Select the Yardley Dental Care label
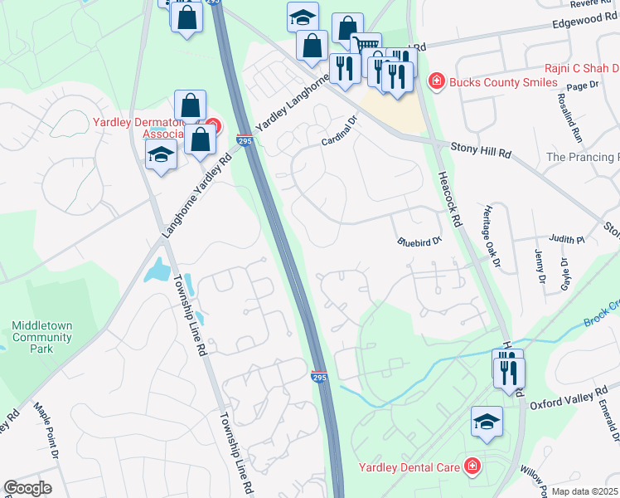[409, 467]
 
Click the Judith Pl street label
[568, 239]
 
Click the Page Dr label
[583, 85]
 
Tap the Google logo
[27, 488]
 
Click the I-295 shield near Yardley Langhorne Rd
[245, 140]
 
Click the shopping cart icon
[366, 45]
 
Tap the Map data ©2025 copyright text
[585, 491]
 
